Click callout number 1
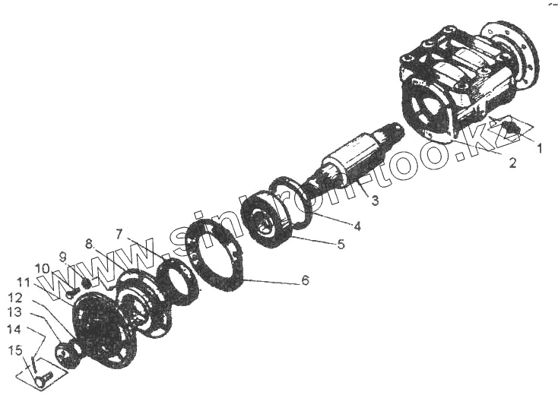pyautogui.click(x=541, y=149)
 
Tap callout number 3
pyautogui.click(x=375, y=201)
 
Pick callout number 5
pyautogui.click(x=341, y=245)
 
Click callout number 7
pyautogui.click(x=119, y=232)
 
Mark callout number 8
pyautogui.click(x=90, y=245)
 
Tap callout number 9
pyautogui.click(x=64, y=256)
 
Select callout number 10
pyautogui.click(x=42, y=268)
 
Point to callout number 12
pyautogui.click(x=17, y=297)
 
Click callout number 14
pyautogui.click(x=14, y=329)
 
